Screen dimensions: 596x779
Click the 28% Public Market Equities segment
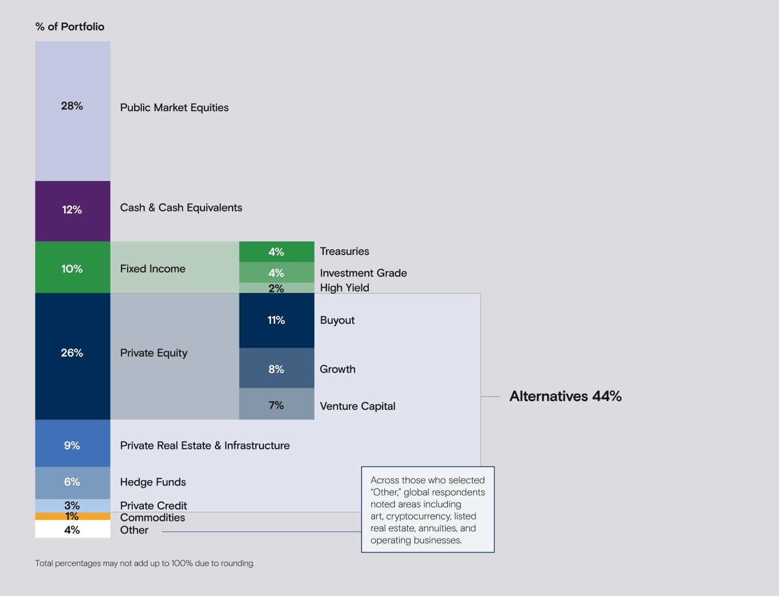click(72, 111)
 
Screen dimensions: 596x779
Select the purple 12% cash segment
click(72, 211)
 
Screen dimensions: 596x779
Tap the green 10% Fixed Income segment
click(72, 267)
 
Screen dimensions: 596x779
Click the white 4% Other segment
click(72, 530)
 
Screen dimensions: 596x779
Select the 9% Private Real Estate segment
click(72, 444)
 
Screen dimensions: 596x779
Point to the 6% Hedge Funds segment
click(72, 483)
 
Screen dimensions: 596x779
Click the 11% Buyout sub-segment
click(276, 320)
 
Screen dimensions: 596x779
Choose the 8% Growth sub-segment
click(276, 368)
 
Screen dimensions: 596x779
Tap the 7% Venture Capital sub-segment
click(276, 405)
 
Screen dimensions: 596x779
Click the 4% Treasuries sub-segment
click(276, 252)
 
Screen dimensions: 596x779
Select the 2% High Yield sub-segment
click(276, 288)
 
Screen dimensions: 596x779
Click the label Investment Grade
click(363, 273)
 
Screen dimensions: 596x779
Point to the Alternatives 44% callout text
click(565, 396)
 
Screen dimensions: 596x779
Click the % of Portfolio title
click(70, 26)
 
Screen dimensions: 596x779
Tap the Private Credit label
click(154, 505)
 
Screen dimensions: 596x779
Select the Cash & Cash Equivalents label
click(181, 207)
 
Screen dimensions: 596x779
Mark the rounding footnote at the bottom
click(144, 563)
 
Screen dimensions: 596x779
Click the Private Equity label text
click(154, 353)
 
